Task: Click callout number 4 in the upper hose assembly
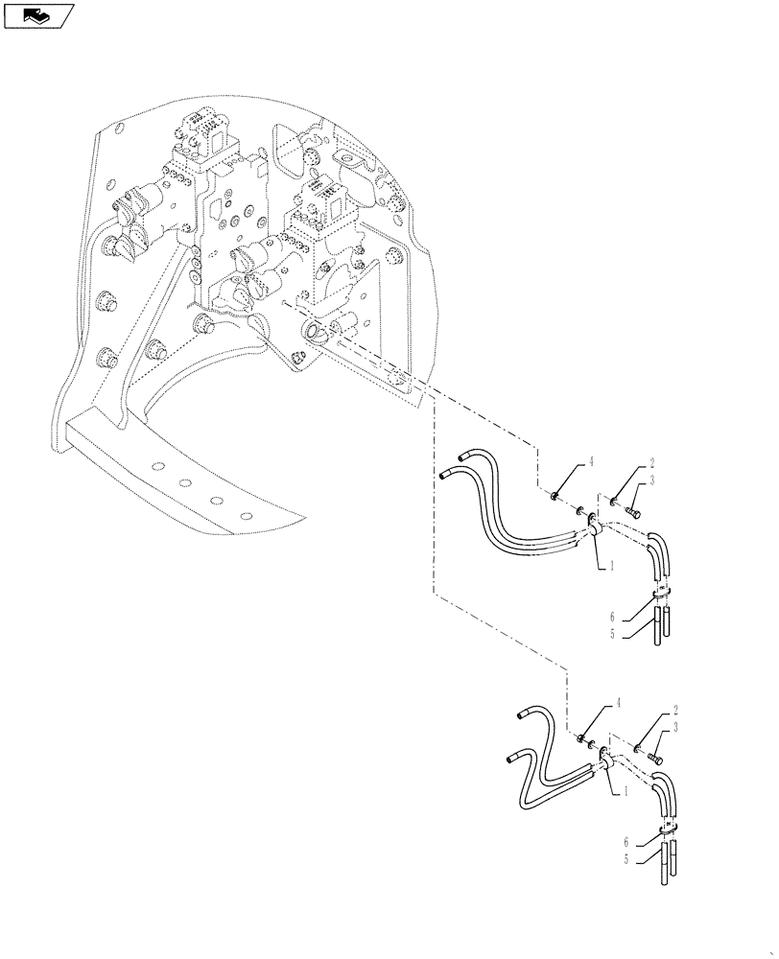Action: [x=592, y=461]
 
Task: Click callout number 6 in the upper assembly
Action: [x=611, y=616]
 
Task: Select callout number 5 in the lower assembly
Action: [x=627, y=860]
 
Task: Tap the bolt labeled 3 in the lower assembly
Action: [x=655, y=757]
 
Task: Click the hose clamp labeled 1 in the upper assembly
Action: [x=594, y=525]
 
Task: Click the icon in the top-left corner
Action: [x=37, y=14]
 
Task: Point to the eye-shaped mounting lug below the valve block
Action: [x=315, y=333]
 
